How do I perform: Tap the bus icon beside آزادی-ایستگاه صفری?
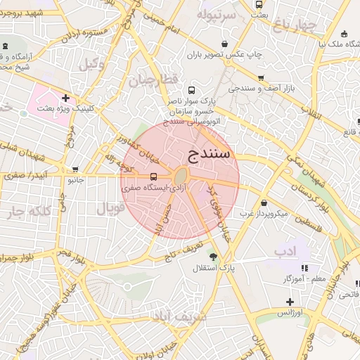click(x=153, y=176)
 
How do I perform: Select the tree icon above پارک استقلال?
click(x=213, y=257)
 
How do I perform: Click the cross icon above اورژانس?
click(x=289, y=301)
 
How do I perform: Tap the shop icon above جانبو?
click(x=75, y=169)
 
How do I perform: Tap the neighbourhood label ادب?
click(x=285, y=250)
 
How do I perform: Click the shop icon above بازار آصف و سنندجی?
click(x=261, y=78)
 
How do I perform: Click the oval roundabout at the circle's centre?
click(x=181, y=176)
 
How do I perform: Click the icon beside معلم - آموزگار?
click(x=304, y=268)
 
